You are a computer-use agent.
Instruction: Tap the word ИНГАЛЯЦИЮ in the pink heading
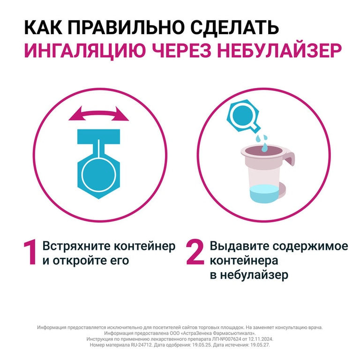pos(77,51)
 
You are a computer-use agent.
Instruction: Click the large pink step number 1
pos(30,254)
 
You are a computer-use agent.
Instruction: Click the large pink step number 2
pos(195,254)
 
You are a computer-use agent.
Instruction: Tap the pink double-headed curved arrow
pos(98,114)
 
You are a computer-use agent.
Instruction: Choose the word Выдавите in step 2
pos(234,246)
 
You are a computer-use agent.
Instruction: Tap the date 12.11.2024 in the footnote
pos(258,338)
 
